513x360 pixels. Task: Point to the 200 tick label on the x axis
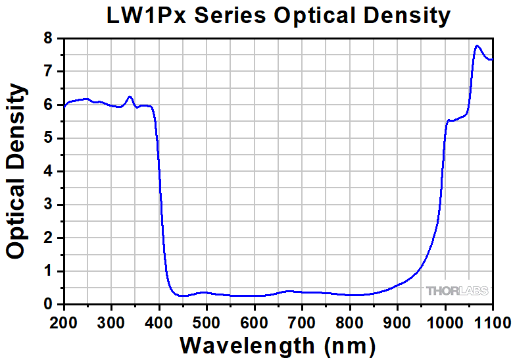coord(64,322)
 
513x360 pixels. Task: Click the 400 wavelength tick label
coord(159,322)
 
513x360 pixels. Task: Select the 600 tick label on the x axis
coord(255,322)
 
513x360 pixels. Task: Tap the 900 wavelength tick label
coord(397,322)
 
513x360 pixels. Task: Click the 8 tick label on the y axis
coord(47,38)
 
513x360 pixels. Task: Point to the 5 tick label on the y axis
coord(47,138)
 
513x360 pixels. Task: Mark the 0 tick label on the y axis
coord(47,305)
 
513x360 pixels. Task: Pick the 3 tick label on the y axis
coord(47,205)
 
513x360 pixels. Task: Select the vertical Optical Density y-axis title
coord(17,172)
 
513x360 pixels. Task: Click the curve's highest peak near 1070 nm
coord(477,45)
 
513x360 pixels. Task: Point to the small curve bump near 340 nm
coord(130,97)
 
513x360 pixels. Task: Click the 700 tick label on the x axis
coord(302,322)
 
